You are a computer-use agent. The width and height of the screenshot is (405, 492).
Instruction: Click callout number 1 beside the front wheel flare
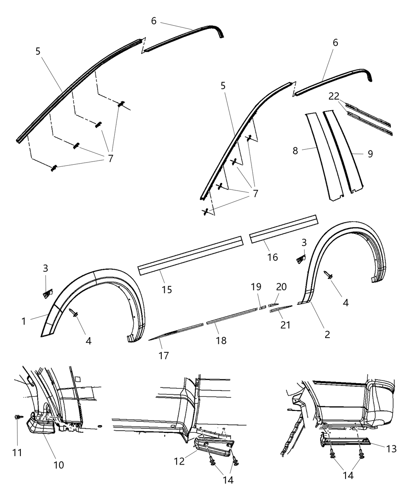(24, 321)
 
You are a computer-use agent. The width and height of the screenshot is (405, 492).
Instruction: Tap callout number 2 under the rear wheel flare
(327, 335)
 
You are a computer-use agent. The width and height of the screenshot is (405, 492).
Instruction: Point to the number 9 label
(370, 154)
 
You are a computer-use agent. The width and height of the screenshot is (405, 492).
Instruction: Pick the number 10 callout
(58, 465)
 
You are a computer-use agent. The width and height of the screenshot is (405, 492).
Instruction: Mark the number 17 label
(164, 355)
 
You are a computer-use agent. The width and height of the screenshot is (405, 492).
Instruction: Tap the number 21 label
(285, 325)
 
